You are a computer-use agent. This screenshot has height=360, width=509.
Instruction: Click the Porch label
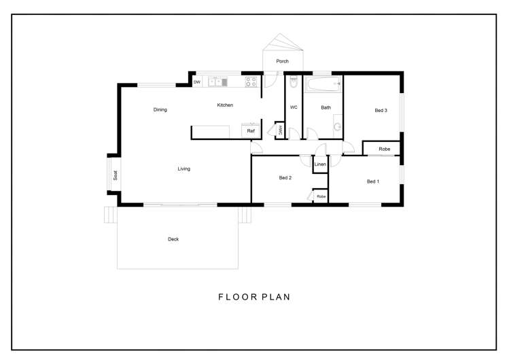282,61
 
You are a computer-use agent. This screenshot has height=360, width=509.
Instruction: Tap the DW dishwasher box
197,82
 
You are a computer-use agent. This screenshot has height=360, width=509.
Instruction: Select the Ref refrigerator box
251,130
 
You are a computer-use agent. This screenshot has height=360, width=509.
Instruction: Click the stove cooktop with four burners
251,82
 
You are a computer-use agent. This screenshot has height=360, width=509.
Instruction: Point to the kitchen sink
217,82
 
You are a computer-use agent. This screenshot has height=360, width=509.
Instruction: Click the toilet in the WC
294,82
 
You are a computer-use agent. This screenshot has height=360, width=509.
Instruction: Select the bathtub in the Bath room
323,84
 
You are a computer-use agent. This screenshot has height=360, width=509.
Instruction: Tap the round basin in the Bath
338,126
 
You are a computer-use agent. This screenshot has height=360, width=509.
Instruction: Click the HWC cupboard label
280,130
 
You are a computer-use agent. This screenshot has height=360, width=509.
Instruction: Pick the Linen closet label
320,164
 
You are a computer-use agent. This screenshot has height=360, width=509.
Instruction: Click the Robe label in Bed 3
385,149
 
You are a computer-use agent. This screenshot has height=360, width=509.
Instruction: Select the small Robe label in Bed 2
321,196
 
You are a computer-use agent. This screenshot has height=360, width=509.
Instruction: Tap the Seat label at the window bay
116,175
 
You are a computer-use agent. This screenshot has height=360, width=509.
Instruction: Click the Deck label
173,239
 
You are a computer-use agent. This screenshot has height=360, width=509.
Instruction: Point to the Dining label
160,109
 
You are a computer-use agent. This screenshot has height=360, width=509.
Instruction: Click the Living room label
183,168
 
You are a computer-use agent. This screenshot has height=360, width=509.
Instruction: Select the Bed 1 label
373,181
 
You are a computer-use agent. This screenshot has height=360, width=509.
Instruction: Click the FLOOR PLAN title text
254,297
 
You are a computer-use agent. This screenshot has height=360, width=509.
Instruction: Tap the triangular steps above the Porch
283,42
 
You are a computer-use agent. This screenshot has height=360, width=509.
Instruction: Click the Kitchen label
225,105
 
